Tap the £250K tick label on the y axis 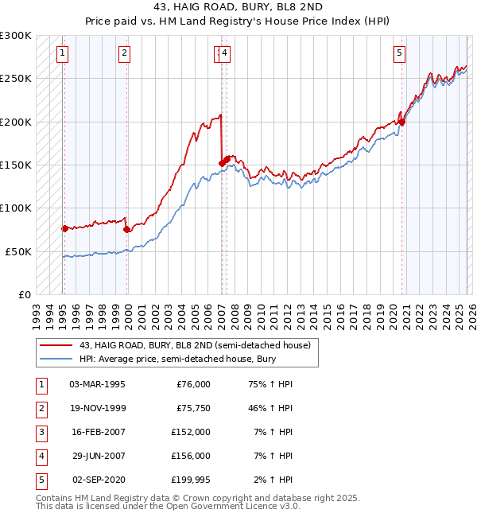[x=17, y=79]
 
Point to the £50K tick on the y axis [x=20, y=251]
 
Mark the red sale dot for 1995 [x=64, y=228]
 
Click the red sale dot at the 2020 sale [x=401, y=122]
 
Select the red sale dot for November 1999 [x=127, y=229]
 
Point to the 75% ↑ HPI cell [x=271, y=383]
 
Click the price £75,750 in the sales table [x=193, y=407]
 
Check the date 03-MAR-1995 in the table [x=97, y=383]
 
